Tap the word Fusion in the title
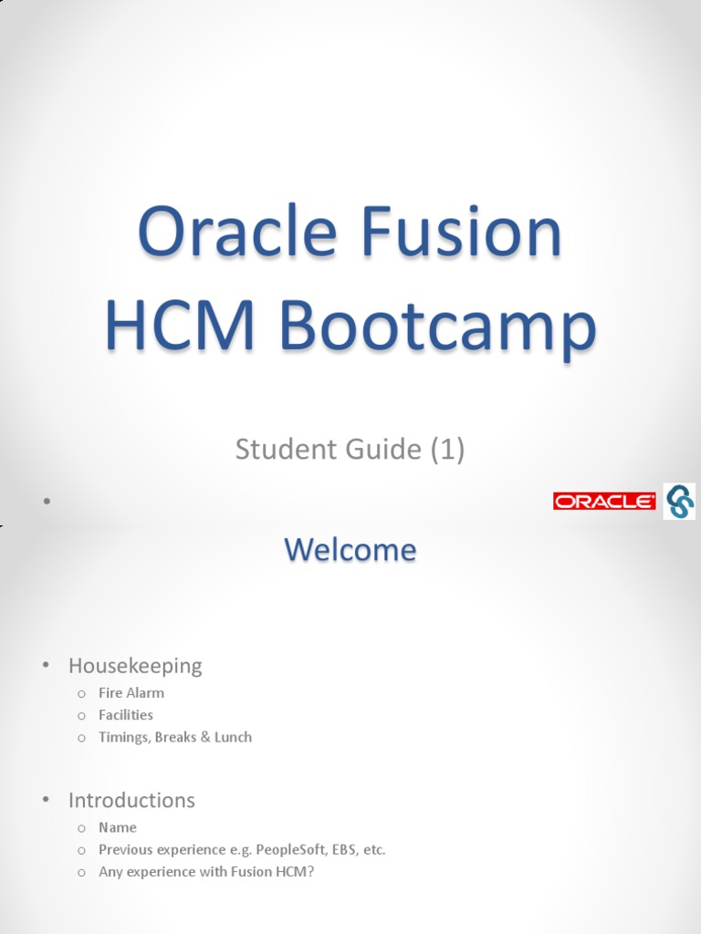[x=461, y=232]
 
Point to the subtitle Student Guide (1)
[x=350, y=449]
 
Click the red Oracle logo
[x=604, y=501]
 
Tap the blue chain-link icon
[x=679, y=501]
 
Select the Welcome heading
[x=350, y=550]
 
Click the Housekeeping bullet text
[x=135, y=666]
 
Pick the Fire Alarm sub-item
[x=131, y=693]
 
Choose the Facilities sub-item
[x=126, y=715]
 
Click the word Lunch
[x=233, y=737]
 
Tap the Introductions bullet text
[x=131, y=801]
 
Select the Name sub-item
[x=118, y=827]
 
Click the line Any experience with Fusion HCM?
[x=206, y=872]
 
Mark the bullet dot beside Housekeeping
[x=44, y=666]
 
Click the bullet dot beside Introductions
[x=44, y=800]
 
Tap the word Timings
[x=122, y=737]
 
